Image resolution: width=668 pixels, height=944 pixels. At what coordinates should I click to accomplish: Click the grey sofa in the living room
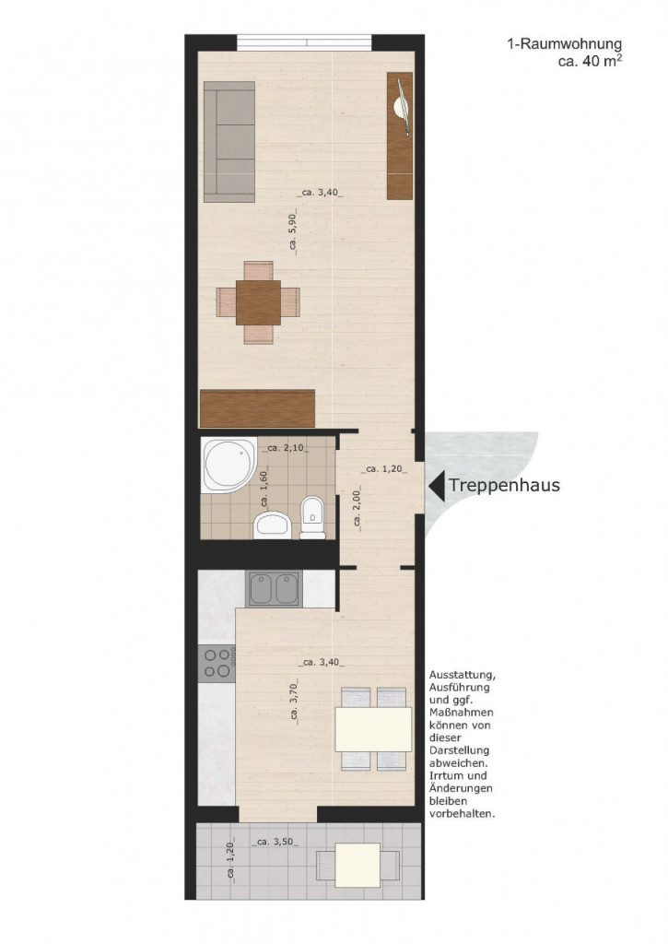click(229, 141)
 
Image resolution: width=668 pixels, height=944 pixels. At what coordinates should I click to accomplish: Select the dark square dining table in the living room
click(259, 302)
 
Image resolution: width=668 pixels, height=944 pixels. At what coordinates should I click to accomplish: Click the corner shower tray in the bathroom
click(228, 466)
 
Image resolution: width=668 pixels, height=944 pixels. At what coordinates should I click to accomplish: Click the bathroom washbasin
click(273, 525)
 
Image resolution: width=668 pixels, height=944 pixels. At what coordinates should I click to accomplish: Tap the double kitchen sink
click(275, 589)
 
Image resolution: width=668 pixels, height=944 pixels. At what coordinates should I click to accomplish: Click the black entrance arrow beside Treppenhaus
click(437, 485)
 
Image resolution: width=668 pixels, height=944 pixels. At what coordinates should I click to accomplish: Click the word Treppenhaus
click(504, 485)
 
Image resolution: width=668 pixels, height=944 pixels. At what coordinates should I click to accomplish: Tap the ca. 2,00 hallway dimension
click(357, 508)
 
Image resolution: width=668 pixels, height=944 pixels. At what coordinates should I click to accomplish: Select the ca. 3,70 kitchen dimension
click(294, 700)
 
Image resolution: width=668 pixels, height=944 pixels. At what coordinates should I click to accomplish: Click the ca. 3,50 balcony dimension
click(275, 842)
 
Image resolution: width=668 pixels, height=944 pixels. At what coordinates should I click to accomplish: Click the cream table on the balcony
click(357, 865)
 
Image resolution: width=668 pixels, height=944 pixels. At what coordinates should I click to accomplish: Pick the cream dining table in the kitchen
click(373, 728)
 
